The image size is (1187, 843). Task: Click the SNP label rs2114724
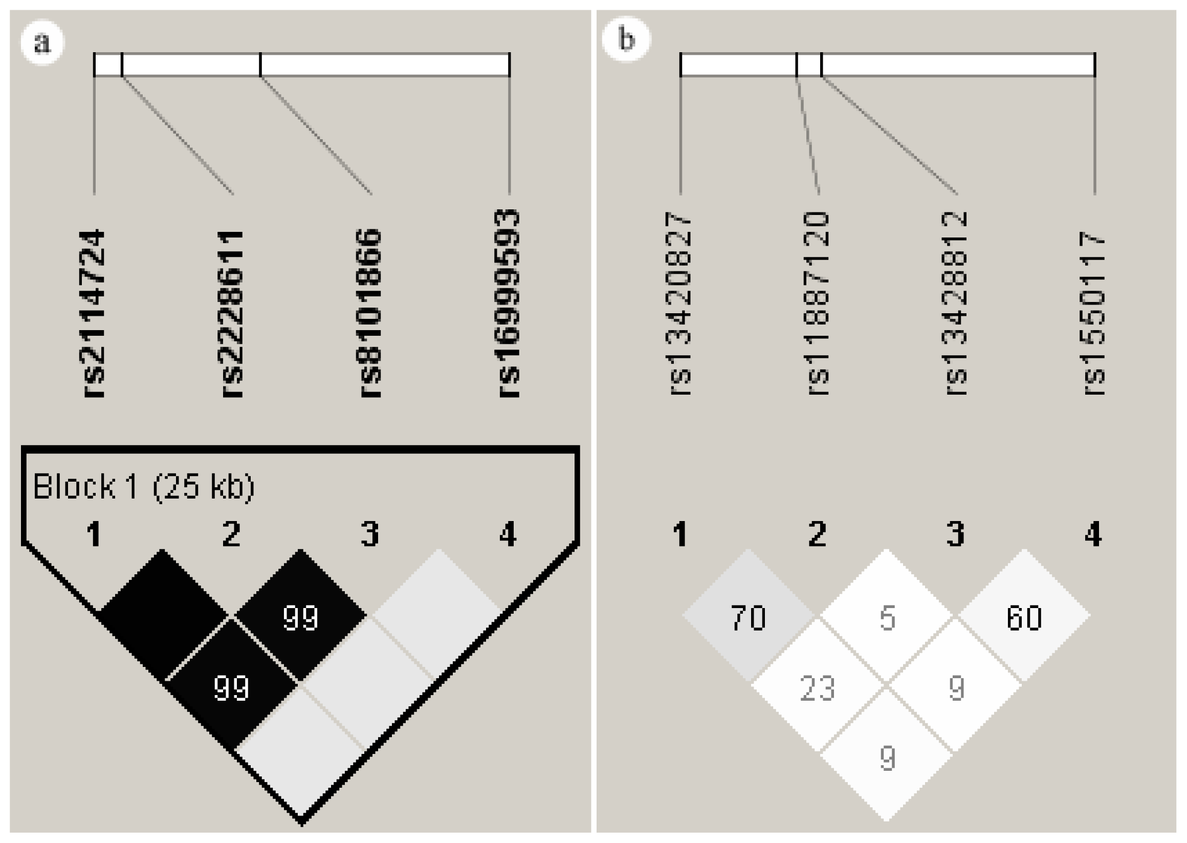pyautogui.click(x=93, y=314)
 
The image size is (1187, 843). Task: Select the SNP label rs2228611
pyautogui.click(x=231, y=314)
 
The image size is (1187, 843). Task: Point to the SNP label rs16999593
pyautogui.click(x=509, y=304)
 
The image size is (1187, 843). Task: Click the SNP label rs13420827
pyautogui.click(x=679, y=304)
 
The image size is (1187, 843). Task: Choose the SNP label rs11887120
pyautogui.click(x=817, y=304)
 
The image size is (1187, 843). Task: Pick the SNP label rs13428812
pyautogui.click(x=956, y=304)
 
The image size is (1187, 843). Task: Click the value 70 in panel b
pyautogui.click(x=748, y=618)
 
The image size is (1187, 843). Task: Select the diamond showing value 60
pyautogui.click(x=1024, y=618)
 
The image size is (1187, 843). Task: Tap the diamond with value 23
pyautogui.click(x=818, y=688)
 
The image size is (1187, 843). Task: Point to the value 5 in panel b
pyautogui.click(x=887, y=618)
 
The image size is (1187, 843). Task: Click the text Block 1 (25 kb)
pyautogui.click(x=144, y=487)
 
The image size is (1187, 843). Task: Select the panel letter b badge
pyautogui.click(x=626, y=39)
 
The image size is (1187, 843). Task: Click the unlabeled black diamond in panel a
pyautogui.click(x=163, y=615)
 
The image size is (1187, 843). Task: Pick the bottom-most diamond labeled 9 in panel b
pyautogui.click(x=887, y=759)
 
